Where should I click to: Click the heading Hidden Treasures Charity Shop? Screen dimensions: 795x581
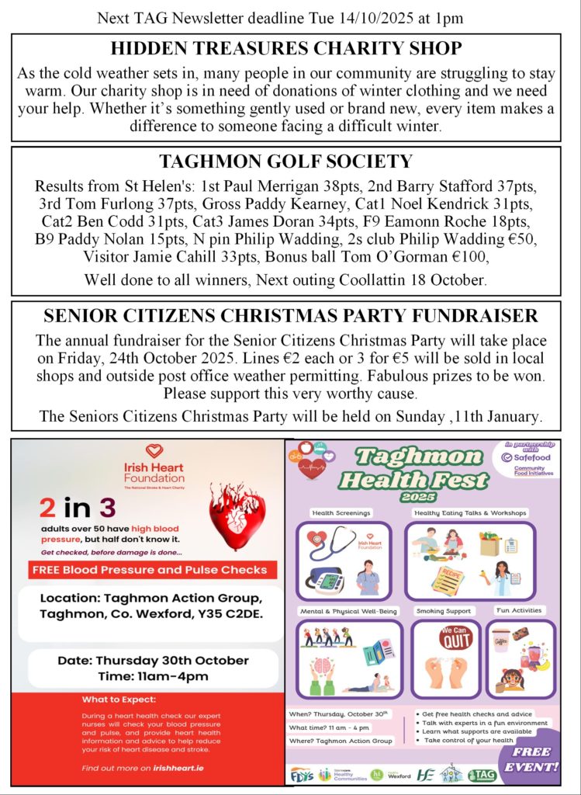coord(286,48)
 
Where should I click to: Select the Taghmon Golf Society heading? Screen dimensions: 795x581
coord(285,162)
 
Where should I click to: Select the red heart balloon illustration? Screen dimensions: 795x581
coord(237,509)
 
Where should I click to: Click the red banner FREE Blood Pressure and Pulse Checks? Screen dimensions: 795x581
coord(149,570)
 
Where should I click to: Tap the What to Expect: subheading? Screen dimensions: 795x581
coord(119,699)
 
